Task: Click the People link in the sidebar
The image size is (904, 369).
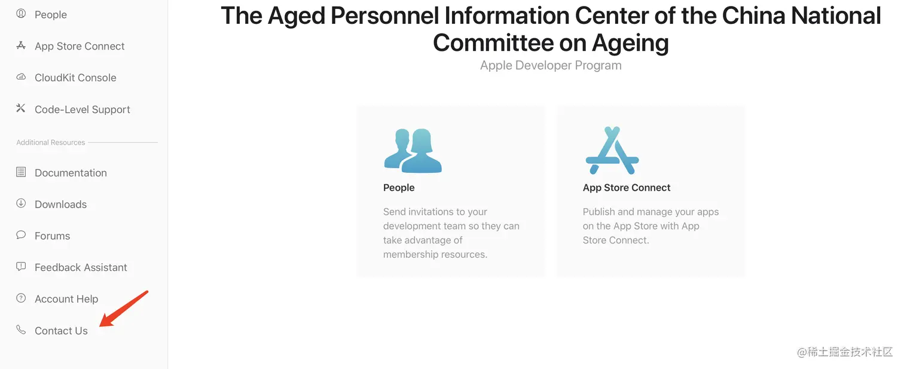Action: [x=50, y=14]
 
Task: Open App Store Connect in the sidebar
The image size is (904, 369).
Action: [x=80, y=46]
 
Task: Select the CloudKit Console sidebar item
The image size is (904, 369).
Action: [x=75, y=78]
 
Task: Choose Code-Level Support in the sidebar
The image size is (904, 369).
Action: [x=83, y=109]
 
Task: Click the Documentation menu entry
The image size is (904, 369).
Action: [x=71, y=173]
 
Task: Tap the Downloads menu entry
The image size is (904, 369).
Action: [x=60, y=205]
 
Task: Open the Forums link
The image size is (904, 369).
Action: [x=52, y=236]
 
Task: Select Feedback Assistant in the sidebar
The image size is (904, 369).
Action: [x=81, y=267]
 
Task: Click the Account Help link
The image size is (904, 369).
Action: [x=66, y=299]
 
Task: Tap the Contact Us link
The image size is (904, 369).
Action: [x=61, y=331]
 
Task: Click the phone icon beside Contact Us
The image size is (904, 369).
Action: [x=21, y=330]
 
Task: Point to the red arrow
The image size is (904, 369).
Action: [x=124, y=309]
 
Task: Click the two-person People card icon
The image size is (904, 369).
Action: [x=413, y=151]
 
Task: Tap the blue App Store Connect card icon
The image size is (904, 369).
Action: [x=612, y=150]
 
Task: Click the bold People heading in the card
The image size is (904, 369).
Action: [x=399, y=188]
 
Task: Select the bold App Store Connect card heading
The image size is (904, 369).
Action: [x=627, y=188]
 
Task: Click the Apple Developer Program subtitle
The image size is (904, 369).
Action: [x=551, y=65]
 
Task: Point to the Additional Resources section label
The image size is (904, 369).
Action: [x=50, y=142]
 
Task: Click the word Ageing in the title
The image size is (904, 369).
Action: [x=630, y=43]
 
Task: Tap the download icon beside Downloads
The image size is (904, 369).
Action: [x=21, y=203]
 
